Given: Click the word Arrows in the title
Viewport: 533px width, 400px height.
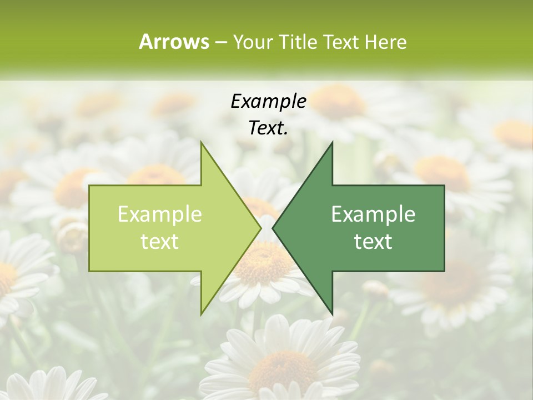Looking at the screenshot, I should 174,42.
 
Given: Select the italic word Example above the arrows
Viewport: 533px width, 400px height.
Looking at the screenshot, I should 268,102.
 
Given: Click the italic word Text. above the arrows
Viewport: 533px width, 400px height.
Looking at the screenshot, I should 268,128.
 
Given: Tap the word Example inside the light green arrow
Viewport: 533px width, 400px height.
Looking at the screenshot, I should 160,214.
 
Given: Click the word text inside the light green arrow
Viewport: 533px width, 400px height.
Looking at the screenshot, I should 160,242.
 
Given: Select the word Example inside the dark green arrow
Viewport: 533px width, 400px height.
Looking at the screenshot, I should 373,214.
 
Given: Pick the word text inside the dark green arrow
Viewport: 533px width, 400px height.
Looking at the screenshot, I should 373,242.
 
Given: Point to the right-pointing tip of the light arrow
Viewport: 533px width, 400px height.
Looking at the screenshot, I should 260,228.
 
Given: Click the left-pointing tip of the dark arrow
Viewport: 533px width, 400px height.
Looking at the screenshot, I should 273,228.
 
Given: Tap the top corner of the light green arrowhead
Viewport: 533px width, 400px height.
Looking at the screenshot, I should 202,143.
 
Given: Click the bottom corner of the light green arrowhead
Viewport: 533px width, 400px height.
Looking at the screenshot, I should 202,314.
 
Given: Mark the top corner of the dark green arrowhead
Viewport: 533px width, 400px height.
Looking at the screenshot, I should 332,143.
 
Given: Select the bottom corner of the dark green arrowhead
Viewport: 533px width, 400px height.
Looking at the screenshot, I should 332,314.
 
